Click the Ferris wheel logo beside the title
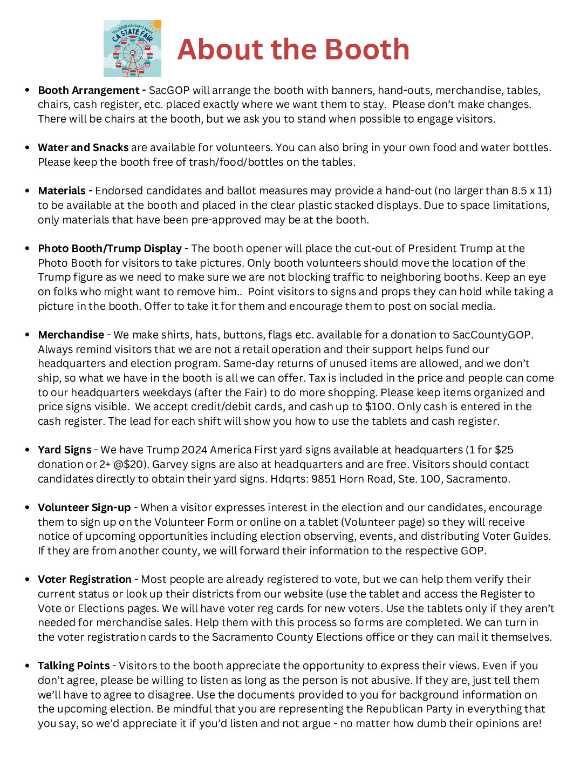click(x=132, y=49)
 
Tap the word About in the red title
click(x=213, y=49)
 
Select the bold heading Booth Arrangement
click(x=88, y=90)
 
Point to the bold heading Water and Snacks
click(x=83, y=147)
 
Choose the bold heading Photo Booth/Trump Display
click(x=110, y=248)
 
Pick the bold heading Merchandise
click(x=71, y=335)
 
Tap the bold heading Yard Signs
click(x=64, y=450)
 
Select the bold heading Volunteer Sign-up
click(x=84, y=507)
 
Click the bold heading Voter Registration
click(x=85, y=579)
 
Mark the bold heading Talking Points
click(x=73, y=666)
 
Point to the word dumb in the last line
click(x=430, y=723)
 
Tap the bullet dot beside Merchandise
click(x=27, y=335)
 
